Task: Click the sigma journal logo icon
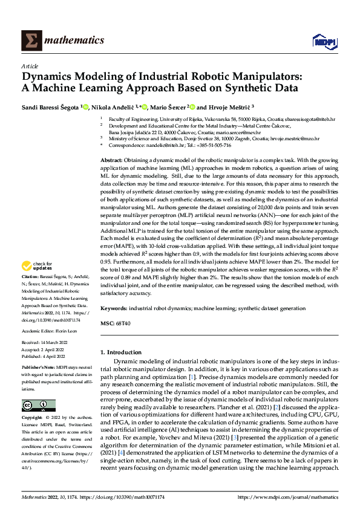tap(30, 41)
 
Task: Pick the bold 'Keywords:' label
tap(114, 308)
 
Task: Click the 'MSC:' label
tap(107, 323)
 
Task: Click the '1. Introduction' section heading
tap(120, 352)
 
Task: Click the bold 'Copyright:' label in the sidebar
tap(33, 418)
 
